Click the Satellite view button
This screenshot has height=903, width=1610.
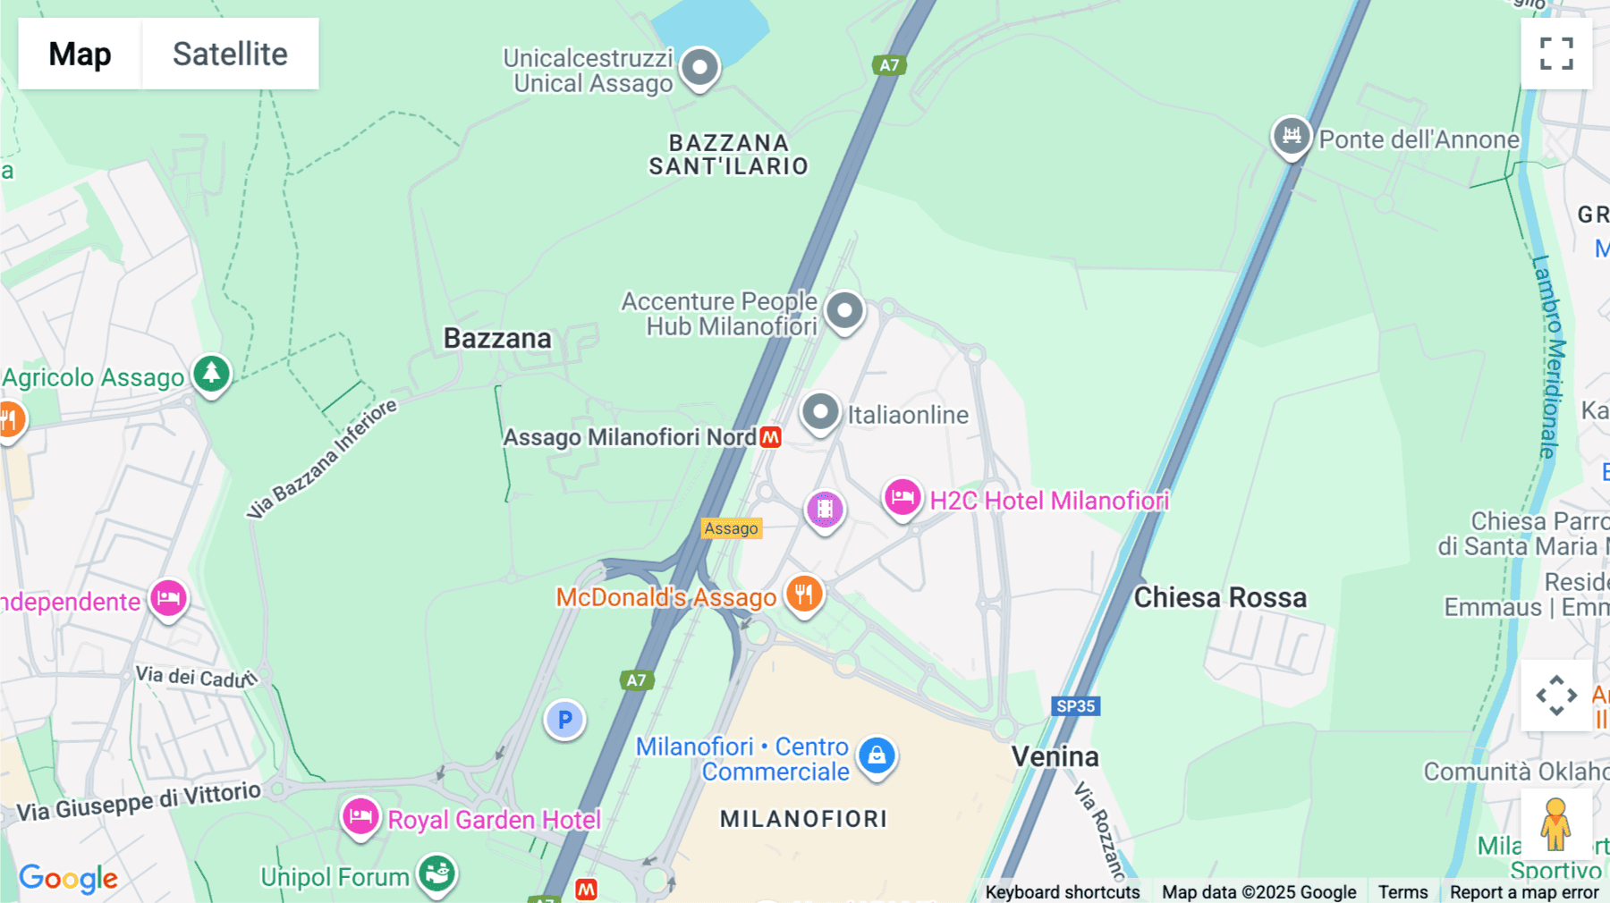pos(230,54)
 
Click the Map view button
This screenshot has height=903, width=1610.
pos(80,54)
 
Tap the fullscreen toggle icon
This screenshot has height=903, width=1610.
pos(1556,54)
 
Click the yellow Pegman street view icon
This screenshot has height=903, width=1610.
pos(1555,823)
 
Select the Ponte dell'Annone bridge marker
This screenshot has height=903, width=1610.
pos(1292,137)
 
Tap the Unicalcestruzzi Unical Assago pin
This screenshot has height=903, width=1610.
pos(699,67)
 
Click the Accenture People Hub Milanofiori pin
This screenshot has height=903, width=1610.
pos(844,311)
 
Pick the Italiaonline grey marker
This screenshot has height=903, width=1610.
pos(820,412)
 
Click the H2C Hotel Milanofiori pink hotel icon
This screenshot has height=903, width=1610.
pos(902,497)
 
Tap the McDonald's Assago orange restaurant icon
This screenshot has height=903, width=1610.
pos(804,594)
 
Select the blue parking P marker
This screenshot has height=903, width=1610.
pos(564,720)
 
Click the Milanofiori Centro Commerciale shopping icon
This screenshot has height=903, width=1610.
pos(877,755)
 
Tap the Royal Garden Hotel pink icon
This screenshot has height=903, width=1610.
pos(360,816)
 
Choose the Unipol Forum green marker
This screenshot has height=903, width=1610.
pos(437,872)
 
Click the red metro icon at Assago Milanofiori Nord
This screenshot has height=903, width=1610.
pos(770,437)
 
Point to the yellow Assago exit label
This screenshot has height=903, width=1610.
pos(731,528)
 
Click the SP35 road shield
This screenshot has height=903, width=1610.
pos(1075,706)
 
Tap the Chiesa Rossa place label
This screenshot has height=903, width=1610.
pos(1220,597)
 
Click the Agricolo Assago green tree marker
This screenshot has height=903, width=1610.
pos(211,373)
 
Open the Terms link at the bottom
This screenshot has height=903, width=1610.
pos(1402,891)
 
